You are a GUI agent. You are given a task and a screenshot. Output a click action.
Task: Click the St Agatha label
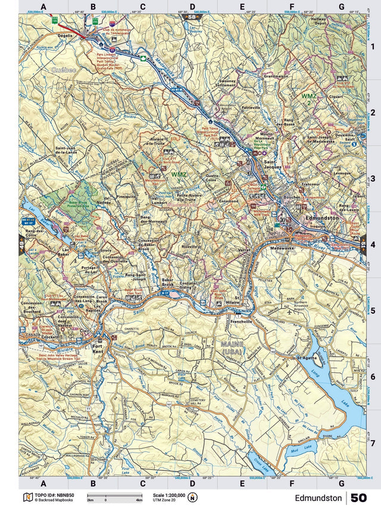point(308,358)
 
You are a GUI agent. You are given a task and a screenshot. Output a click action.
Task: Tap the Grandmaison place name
point(276,76)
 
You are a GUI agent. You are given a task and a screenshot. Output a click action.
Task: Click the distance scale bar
point(114,496)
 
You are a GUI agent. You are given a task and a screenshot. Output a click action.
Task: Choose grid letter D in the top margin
point(192,7)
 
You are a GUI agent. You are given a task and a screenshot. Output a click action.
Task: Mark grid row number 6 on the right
point(372,377)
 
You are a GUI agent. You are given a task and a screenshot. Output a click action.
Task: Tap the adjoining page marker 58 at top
point(191,17)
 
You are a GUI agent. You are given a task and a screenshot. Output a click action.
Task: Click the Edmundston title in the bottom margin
point(318,497)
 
